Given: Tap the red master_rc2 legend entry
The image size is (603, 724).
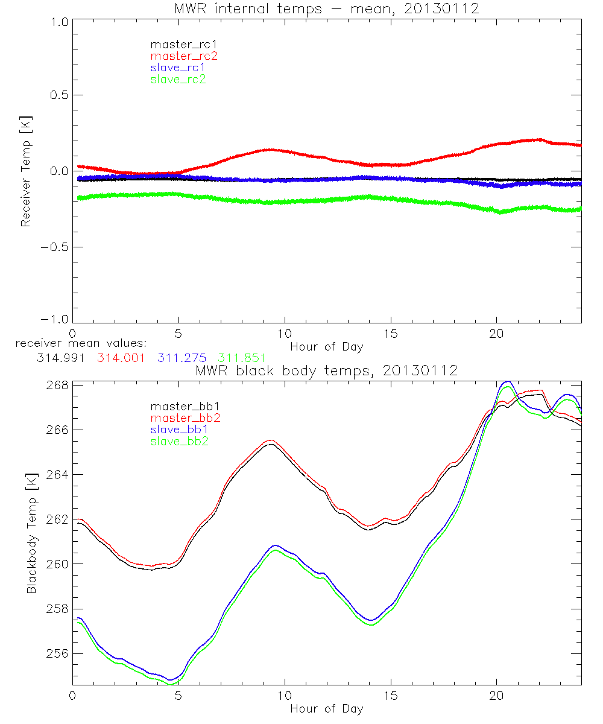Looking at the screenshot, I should (x=184, y=56).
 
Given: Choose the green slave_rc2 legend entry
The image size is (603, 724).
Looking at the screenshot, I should (x=178, y=79).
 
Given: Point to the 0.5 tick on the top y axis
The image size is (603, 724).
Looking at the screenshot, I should (x=58, y=95).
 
